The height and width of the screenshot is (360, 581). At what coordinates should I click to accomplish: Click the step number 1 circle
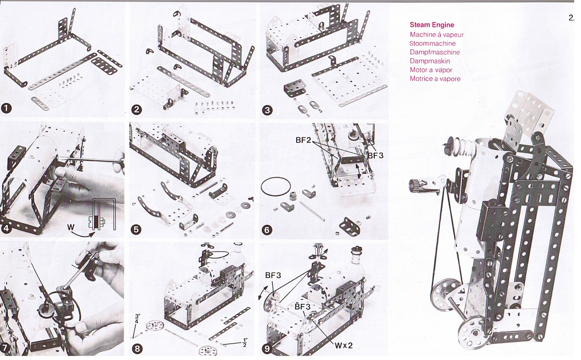pyautogui.click(x=6, y=108)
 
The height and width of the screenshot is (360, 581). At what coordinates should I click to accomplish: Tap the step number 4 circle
pyautogui.click(x=6, y=228)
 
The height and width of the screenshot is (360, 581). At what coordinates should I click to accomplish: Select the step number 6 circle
pyautogui.click(x=267, y=230)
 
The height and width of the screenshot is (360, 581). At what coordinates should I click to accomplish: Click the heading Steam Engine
pyautogui.click(x=432, y=25)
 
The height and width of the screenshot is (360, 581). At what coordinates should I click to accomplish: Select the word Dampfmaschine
pyautogui.click(x=435, y=52)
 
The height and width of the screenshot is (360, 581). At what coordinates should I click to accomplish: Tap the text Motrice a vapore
pyautogui.click(x=435, y=79)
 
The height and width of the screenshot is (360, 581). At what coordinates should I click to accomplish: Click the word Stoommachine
pyautogui.click(x=432, y=43)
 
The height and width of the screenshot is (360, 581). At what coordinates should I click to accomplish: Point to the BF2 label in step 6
pyautogui.click(x=303, y=140)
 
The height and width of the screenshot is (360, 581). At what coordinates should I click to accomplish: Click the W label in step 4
pyautogui.click(x=71, y=227)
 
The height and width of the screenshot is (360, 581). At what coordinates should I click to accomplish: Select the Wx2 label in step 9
pyautogui.click(x=343, y=345)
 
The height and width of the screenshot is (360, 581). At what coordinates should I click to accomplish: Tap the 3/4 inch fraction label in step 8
pyautogui.click(x=137, y=319)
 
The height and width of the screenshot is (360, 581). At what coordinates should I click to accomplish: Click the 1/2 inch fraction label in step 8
pyautogui.click(x=245, y=342)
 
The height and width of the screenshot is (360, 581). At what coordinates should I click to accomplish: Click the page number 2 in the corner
pyautogui.click(x=571, y=18)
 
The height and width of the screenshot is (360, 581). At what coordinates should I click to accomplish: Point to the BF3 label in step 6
pyautogui.click(x=376, y=155)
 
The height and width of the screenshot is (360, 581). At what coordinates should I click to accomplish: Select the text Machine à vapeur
pyautogui.click(x=436, y=35)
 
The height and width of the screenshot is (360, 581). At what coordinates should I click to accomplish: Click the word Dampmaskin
pyautogui.click(x=430, y=61)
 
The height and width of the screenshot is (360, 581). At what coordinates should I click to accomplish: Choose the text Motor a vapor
pyautogui.click(x=431, y=70)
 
